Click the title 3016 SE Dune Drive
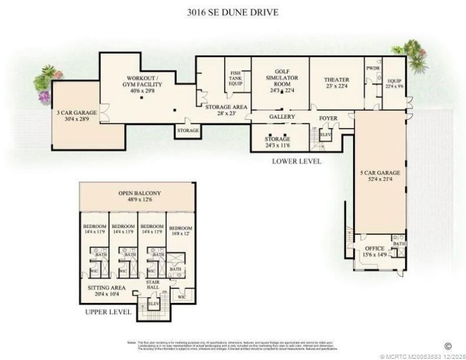pyautogui.click(x=233, y=12)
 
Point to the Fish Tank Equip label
pyautogui.click(x=236, y=77)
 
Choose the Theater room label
pyautogui.click(x=336, y=80)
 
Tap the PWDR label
pyautogui.click(x=373, y=68)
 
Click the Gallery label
pyautogui.click(x=282, y=117)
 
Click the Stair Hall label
pyautogui.click(x=152, y=285)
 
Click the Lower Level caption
pyautogui.click(x=296, y=161)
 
